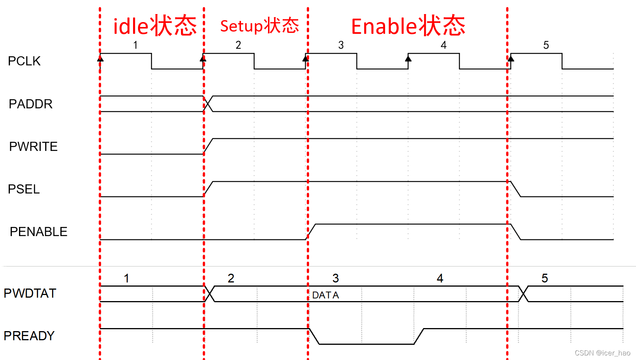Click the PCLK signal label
click(x=24, y=61)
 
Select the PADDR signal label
click(x=30, y=104)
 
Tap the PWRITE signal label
click(x=33, y=146)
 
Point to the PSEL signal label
click(x=24, y=189)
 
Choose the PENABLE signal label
click(x=38, y=232)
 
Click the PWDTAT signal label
click(x=30, y=293)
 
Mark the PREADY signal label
click(x=29, y=336)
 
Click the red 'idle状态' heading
click(x=155, y=26)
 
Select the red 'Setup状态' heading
click(x=260, y=26)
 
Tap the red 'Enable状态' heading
click(x=408, y=26)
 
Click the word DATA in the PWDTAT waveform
click(x=325, y=295)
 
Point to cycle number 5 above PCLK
click(x=546, y=45)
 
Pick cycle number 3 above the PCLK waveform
click(x=341, y=45)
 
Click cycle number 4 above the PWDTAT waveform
click(x=440, y=278)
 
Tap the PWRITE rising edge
click(x=208, y=146)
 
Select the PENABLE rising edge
click(x=311, y=232)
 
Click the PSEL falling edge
click(x=515, y=189)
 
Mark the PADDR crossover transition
click(x=208, y=104)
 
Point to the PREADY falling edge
click(x=314, y=336)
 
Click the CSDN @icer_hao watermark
click(x=602, y=353)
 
